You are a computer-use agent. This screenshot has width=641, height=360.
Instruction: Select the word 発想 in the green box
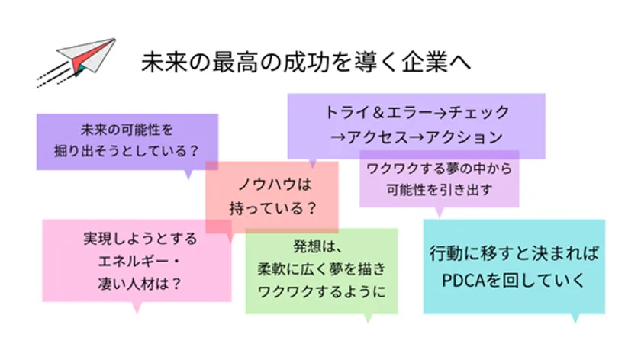click(x=307, y=246)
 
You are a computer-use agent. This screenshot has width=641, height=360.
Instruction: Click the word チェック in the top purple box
click(x=478, y=112)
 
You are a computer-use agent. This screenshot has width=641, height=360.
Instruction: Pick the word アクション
click(x=464, y=137)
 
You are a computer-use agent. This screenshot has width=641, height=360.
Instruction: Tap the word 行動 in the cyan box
click(x=446, y=254)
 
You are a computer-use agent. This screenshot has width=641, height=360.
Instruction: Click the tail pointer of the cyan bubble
click(x=575, y=319)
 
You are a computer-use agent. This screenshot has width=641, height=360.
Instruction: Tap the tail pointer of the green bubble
click(x=368, y=319)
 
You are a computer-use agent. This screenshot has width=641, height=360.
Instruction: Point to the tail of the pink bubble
click(x=137, y=307)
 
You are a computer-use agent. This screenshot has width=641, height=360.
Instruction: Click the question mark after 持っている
click(x=311, y=209)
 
